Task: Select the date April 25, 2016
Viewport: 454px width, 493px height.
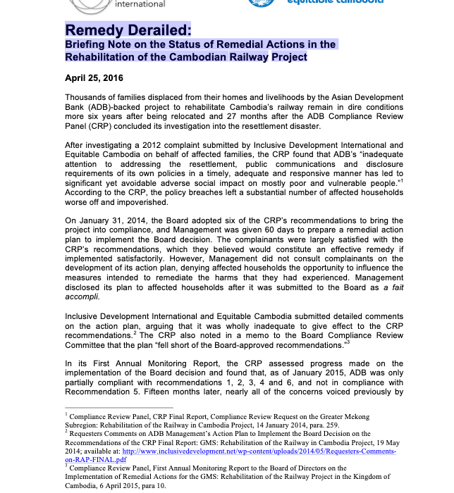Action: click(94, 78)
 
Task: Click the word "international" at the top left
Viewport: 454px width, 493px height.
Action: click(140, 4)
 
